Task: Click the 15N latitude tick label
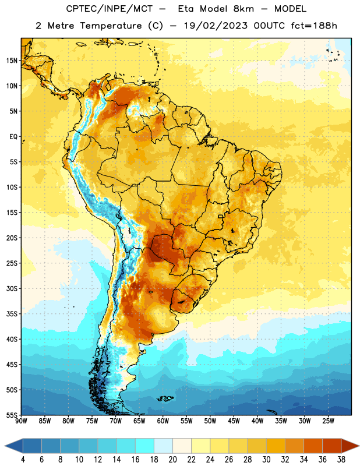11,61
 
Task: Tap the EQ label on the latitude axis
13,137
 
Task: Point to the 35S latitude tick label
12,314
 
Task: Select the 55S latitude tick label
12,415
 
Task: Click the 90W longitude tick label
21,421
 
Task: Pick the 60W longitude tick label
163,421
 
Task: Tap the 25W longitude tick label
328,421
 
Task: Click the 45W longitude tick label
234,421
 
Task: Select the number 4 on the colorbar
23,460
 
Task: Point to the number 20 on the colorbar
172,460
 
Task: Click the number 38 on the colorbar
341,460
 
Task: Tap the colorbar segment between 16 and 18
145,446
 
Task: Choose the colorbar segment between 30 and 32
276,446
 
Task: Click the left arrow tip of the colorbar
5,446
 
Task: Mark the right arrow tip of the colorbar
359,446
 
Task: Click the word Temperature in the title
111,26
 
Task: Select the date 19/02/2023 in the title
216,26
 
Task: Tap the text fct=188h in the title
314,26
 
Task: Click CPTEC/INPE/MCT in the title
109,9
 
